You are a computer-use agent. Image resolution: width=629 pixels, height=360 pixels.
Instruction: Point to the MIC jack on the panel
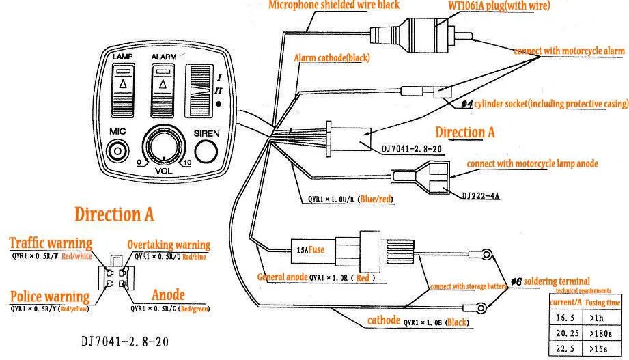(120, 150)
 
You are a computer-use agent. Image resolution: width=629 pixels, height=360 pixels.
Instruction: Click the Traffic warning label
(51, 243)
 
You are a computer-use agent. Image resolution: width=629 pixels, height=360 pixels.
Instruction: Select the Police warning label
(49, 296)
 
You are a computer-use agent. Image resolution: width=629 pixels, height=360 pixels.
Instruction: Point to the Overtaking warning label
(169, 245)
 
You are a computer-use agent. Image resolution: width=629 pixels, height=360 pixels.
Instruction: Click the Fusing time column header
(604, 302)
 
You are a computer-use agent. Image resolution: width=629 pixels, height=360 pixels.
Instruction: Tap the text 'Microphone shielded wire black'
(334, 5)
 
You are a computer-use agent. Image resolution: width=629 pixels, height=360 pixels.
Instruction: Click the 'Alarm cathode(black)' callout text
(331, 58)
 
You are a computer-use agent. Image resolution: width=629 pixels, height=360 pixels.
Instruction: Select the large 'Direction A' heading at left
(114, 214)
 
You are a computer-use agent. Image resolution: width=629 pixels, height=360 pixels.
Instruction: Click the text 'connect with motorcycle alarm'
(569, 51)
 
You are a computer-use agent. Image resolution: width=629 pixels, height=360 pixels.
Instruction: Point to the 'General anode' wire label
(281, 277)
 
